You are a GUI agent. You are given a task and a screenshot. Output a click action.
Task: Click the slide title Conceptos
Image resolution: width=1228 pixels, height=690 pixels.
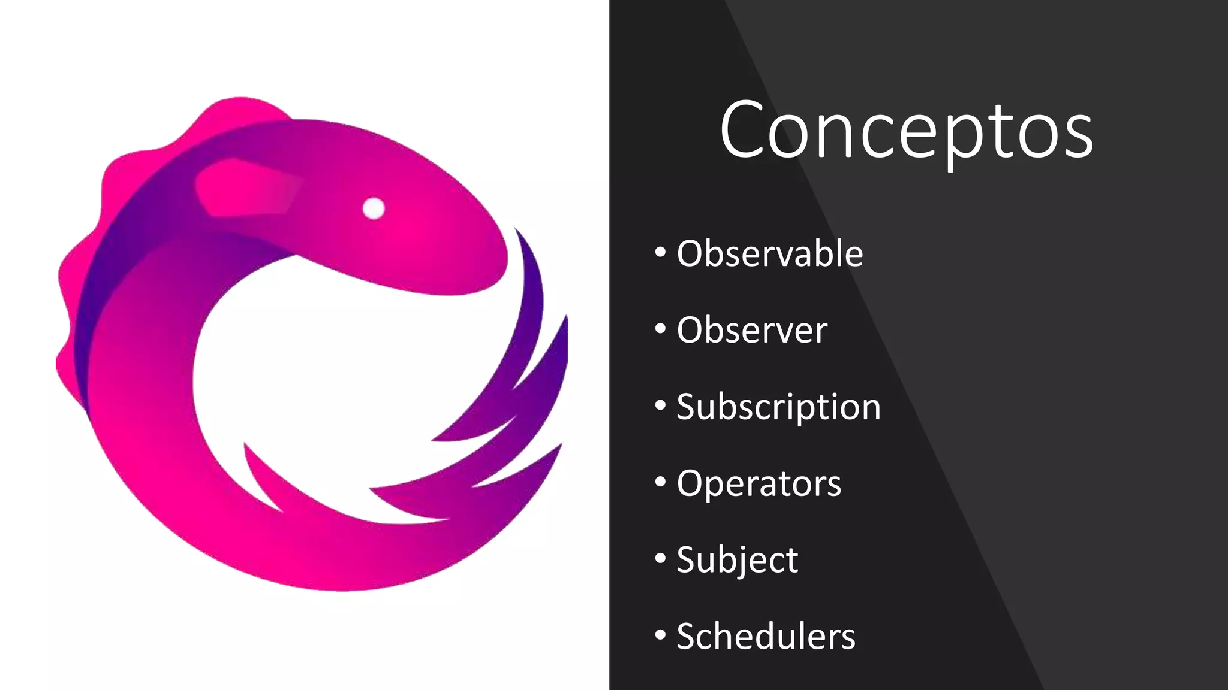click(x=906, y=131)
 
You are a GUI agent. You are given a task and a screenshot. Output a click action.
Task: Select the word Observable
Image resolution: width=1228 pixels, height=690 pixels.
click(x=770, y=253)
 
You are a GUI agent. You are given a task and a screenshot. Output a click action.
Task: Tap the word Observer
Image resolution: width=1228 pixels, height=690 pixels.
click(x=752, y=330)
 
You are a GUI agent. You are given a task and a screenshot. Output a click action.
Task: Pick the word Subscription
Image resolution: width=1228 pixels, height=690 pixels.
click(x=778, y=407)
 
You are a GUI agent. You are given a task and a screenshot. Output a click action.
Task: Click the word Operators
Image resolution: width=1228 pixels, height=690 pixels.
click(x=759, y=483)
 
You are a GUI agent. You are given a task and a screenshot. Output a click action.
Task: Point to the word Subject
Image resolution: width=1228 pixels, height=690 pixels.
click(x=737, y=560)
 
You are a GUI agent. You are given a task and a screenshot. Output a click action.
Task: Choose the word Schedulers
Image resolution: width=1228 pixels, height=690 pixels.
click(x=766, y=636)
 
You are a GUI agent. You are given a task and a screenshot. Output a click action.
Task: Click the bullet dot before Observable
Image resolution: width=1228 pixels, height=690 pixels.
click(x=660, y=252)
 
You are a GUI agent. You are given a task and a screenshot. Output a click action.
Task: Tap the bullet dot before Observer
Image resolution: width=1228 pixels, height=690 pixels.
click(x=660, y=329)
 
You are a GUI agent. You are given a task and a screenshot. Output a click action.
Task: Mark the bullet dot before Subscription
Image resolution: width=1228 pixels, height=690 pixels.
click(x=660, y=405)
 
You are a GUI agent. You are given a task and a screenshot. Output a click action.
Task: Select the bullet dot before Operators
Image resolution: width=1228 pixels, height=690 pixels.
click(x=660, y=482)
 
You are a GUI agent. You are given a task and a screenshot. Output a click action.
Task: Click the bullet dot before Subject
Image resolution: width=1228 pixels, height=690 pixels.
click(x=660, y=558)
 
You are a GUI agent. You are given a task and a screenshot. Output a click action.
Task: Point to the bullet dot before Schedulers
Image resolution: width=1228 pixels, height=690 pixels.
click(x=660, y=635)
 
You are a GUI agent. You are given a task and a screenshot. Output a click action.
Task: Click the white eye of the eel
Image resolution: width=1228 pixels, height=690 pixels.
click(x=374, y=208)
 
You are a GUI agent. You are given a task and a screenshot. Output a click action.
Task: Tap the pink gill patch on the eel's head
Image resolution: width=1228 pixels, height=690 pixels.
click(x=246, y=187)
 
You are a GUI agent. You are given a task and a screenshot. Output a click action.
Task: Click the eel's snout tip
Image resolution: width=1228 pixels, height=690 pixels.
click(x=501, y=264)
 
